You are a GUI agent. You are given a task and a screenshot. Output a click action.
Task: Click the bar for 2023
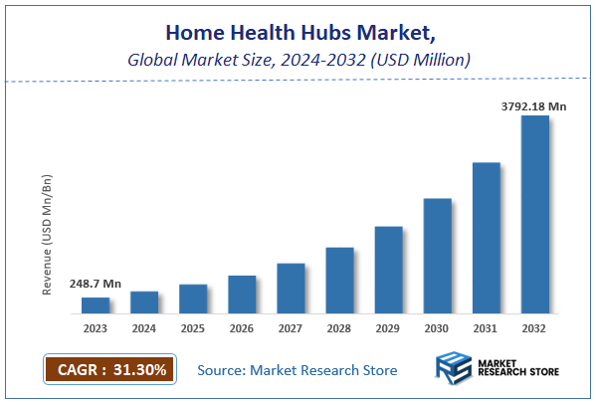click(x=96, y=304)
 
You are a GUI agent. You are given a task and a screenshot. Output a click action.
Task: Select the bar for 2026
click(x=242, y=294)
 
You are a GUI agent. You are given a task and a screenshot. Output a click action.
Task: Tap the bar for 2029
click(x=388, y=269)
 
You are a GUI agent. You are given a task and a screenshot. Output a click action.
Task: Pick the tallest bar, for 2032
click(x=535, y=214)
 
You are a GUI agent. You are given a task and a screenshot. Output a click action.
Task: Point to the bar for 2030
click(x=438, y=255)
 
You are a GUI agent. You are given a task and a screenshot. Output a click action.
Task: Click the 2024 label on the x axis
click(x=144, y=327)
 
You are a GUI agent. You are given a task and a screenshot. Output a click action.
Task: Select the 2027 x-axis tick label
click(x=291, y=327)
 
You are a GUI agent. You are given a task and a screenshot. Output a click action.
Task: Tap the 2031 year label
click(x=487, y=327)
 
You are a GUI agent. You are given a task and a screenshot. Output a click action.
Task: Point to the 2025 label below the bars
click(x=193, y=327)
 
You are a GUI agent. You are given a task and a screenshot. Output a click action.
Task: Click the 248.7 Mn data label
click(x=95, y=285)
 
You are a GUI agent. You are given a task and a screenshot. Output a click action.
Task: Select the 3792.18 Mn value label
click(x=535, y=103)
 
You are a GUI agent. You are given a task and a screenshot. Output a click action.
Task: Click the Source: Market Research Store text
click(x=298, y=370)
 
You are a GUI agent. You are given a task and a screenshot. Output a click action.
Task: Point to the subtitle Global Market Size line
click(x=298, y=60)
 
